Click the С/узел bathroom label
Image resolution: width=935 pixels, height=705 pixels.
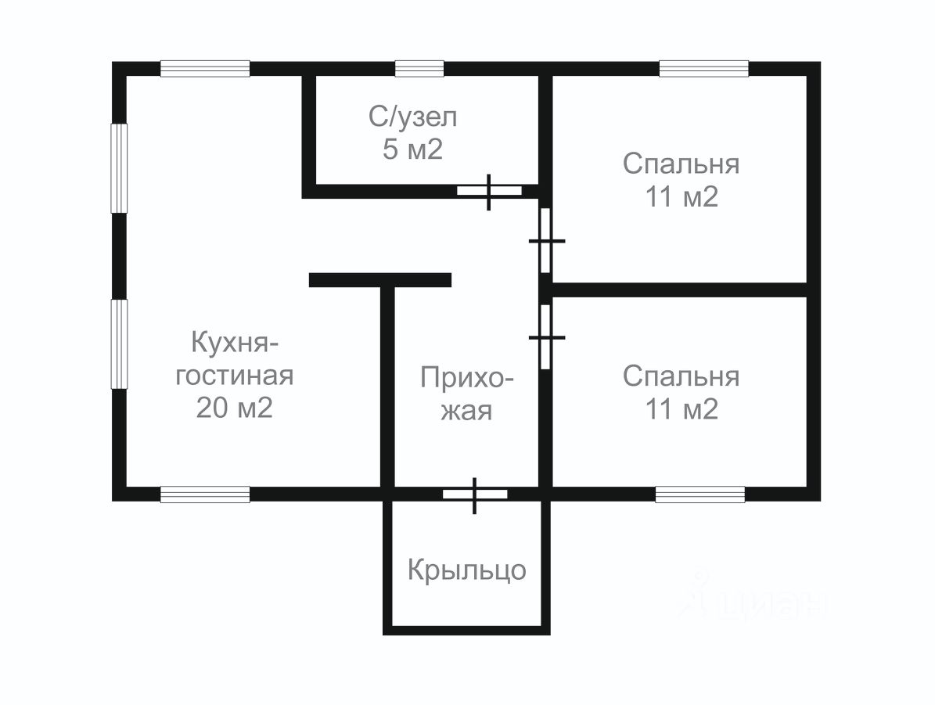413,118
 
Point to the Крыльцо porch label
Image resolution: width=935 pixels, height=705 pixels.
466,570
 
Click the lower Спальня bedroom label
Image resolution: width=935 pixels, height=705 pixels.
681,376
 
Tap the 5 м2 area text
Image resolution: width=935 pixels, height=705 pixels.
413,150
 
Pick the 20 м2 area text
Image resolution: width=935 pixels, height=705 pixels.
234,408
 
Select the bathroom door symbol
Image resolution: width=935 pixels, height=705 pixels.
489,190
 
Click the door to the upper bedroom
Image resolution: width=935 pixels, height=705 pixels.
546,241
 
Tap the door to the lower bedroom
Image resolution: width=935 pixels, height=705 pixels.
546,336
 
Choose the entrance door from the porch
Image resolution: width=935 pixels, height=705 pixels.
475,494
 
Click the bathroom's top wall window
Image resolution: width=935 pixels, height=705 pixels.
419,69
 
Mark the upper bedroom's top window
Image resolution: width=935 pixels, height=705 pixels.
703,69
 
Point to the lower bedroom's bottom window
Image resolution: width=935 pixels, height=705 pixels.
699,494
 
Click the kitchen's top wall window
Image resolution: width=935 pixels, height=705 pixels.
205,69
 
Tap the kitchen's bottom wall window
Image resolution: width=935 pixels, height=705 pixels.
205,494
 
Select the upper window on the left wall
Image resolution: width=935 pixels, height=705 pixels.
119,168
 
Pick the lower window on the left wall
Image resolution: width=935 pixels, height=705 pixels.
119,344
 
